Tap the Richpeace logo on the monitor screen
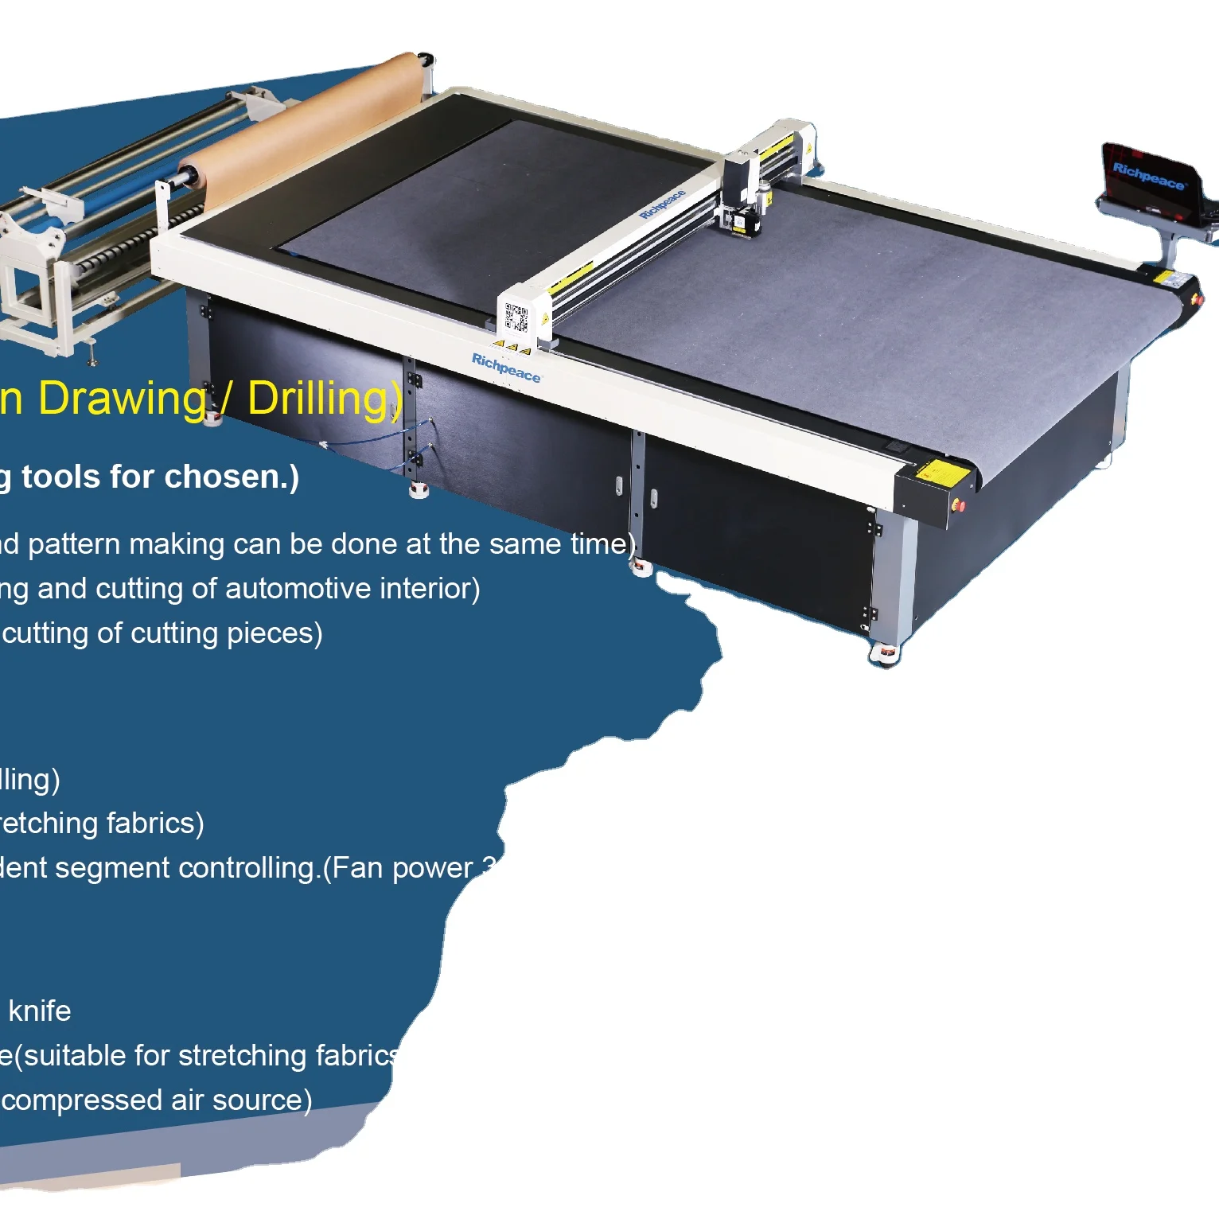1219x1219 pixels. pyautogui.click(x=1148, y=176)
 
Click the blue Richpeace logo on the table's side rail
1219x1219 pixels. pyautogui.click(x=506, y=368)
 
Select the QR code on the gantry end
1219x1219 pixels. pyautogui.click(x=516, y=317)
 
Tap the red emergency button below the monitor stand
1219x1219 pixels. pyautogui.click(x=1198, y=298)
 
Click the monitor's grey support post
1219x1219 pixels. pyautogui.click(x=1170, y=247)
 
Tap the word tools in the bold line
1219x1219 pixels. pyautogui.click(x=61, y=477)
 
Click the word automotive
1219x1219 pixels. pyautogui.click(x=298, y=589)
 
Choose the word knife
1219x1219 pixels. pyautogui.click(x=40, y=1011)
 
